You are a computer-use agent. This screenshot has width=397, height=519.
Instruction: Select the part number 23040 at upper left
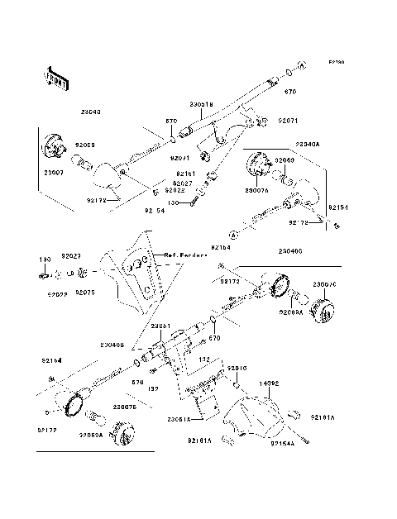(x=92, y=112)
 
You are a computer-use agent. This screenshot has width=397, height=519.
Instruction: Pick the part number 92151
(x=184, y=174)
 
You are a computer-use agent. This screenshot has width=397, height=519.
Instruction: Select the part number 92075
(x=86, y=293)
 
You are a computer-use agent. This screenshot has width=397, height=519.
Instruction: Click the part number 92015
(x=237, y=367)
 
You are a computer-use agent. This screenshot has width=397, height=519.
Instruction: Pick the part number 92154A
(x=282, y=444)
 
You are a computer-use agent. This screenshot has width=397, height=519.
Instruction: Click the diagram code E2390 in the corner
(x=336, y=62)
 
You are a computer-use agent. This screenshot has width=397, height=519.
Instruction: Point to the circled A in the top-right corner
(x=302, y=64)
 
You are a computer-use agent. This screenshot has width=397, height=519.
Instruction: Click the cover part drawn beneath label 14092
(x=256, y=417)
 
